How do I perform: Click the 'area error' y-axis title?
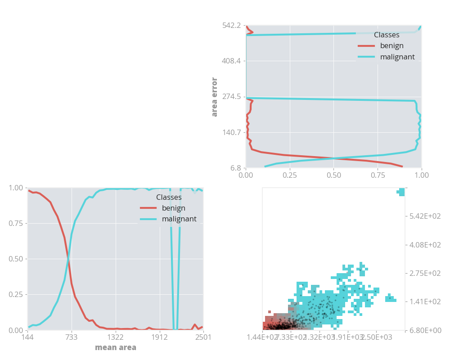[215, 97]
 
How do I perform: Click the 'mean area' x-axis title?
[115, 347]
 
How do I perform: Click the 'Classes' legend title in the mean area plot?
[169, 197]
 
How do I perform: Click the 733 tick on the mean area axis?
[72, 337]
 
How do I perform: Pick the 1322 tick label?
[115, 337]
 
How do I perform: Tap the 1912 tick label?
[159, 337]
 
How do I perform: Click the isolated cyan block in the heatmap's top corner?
[401, 192]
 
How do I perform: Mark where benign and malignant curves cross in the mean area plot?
[68, 259]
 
